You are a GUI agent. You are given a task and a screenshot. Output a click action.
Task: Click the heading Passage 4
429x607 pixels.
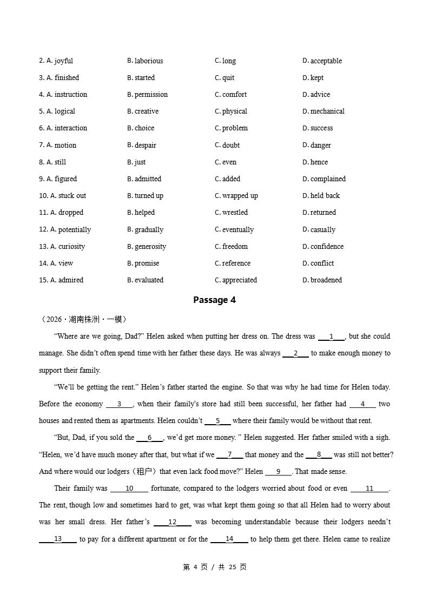click(214, 300)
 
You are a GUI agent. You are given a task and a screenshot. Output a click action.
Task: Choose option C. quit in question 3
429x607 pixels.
click(225, 78)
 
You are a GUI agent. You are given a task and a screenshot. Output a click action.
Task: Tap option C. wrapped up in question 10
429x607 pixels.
click(236, 196)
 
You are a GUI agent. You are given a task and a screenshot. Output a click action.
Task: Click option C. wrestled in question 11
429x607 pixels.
click(231, 213)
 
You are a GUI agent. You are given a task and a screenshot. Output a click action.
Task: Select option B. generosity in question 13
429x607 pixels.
click(147, 247)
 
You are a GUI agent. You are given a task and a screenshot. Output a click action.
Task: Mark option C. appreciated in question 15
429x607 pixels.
click(236, 280)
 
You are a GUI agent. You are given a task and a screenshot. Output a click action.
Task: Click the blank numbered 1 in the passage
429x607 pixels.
click(331, 337)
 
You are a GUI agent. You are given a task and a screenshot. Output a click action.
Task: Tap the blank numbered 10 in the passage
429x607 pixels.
click(129, 489)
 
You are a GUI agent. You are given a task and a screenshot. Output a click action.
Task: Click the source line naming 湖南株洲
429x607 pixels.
click(83, 319)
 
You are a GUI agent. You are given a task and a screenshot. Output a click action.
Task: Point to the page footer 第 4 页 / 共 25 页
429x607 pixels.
click(214, 567)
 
